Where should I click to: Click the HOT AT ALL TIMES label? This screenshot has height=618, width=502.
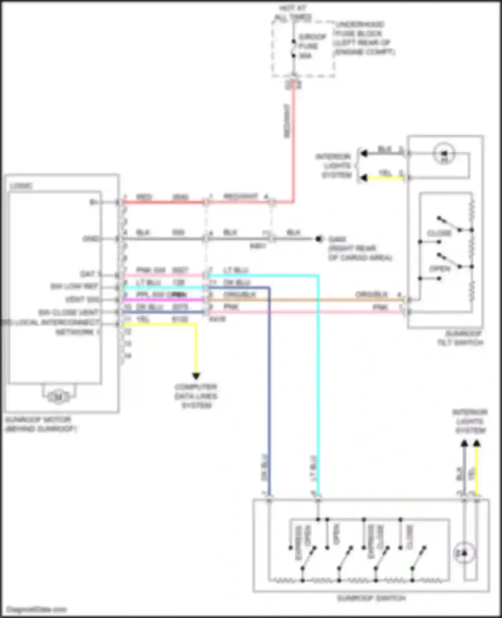[293, 13]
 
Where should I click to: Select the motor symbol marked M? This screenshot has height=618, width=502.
[59, 397]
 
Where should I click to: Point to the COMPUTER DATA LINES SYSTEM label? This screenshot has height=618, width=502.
[196, 396]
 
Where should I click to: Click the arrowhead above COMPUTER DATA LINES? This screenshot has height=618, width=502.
[196, 376]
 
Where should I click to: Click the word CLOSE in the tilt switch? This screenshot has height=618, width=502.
[439, 233]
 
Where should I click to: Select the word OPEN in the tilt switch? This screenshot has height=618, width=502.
[439, 269]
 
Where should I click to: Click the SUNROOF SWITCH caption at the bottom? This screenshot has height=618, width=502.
[371, 598]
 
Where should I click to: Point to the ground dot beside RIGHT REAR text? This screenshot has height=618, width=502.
[318, 239]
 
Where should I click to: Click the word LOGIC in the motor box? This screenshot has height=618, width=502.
[21, 185]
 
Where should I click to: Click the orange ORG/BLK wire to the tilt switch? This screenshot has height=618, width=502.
[301, 300]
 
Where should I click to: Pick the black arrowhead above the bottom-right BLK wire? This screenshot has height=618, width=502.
[464, 444]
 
